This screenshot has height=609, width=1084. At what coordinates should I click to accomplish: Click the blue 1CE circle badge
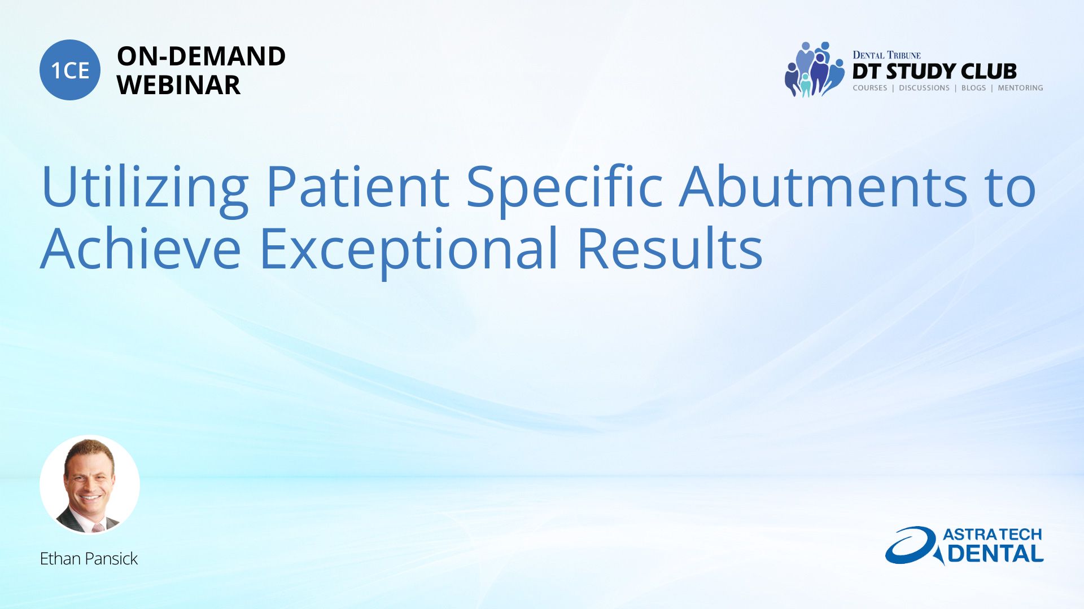coord(70,70)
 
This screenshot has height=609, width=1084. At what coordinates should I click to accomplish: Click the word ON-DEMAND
coord(201,56)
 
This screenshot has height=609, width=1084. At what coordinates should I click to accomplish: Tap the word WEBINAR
coord(178,85)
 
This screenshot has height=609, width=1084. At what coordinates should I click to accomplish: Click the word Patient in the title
coord(358,186)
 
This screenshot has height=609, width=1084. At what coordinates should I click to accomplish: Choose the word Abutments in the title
coord(824,186)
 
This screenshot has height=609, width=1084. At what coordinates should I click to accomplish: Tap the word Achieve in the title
coord(141,248)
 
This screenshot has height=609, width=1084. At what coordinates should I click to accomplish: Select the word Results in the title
coord(670,248)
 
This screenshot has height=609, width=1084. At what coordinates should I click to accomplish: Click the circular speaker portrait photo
coord(90,485)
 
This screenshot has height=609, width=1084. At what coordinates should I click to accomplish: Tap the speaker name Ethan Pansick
coord(89,558)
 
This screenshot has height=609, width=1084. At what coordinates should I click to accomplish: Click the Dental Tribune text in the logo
coord(886,55)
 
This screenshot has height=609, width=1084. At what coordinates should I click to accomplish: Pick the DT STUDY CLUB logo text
coord(934,72)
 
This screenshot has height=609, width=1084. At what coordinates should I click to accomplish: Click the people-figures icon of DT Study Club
coord(814,69)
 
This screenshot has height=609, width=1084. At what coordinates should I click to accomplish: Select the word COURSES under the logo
coord(870,88)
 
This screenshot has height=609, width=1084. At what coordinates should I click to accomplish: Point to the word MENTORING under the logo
coord(1020,88)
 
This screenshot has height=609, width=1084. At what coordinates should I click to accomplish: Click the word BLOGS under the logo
coord(973,88)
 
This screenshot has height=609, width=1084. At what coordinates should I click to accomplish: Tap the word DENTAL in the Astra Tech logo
coord(996,554)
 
